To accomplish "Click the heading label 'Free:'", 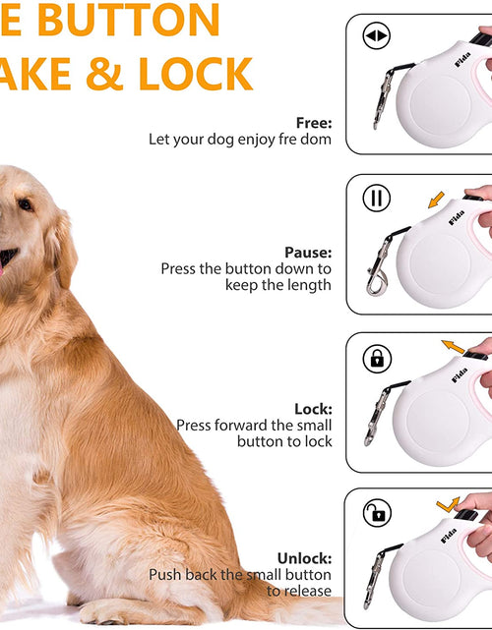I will coord(314,123).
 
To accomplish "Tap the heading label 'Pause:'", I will coord(308,252).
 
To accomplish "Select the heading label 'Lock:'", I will coord(313,408).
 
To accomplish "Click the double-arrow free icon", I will coord(376,37).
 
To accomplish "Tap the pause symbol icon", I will coord(376,199).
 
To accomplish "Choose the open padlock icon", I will coord(376,512).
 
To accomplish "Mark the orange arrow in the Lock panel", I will coord(452,346).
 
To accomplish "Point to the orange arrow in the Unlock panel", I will coord(448,504).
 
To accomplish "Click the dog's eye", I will coord(25,205).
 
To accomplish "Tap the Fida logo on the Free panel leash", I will coord(461,60).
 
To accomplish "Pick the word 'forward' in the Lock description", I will coord(268,426).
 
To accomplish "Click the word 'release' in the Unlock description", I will coord(308,591).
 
